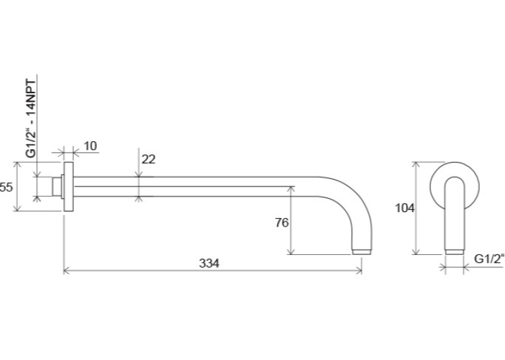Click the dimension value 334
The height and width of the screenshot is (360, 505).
(x=209, y=264)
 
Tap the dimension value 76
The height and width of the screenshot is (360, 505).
(x=282, y=223)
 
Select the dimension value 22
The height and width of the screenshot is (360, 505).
(x=149, y=159)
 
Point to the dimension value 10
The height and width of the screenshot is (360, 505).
(x=90, y=146)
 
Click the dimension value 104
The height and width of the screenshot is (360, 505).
(x=405, y=208)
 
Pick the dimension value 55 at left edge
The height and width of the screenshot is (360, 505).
(x=6, y=187)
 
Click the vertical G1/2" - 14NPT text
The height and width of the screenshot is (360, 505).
(x=31, y=118)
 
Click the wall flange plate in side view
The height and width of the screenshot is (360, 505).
(x=68, y=187)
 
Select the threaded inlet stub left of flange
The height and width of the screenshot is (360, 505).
(x=57, y=187)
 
